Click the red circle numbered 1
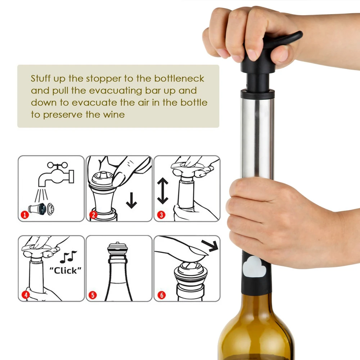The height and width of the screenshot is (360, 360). pyautogui.click(x=25, y=215)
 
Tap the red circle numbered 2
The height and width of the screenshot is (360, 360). pyautogui.click(x=93, y=215)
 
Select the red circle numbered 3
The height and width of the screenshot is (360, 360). pyautogui.click(x=161, y=215)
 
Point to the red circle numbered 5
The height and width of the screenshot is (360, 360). pyautogui.click(x=93, y=295)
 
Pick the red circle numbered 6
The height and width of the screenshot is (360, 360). pyautogui.click(x=162, y=295)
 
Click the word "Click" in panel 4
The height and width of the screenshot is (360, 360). pyautogui.click(x=66, y=271)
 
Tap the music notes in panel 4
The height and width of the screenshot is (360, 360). pyautogui.click(x=68, y=257)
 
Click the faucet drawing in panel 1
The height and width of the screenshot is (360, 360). pyautogui.click(x=56, y=174)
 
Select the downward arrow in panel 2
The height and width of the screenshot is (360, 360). pyautogui.click(x=131, y=201)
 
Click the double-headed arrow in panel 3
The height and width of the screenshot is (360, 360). pyautogui.click(x=163, y=191)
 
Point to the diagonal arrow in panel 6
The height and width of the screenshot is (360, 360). pyautogui.click(x=210, y=246)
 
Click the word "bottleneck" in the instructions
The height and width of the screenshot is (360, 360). pyautogui.click(x=179, y=78)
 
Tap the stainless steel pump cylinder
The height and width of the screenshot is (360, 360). pyautogui.click(x=257, y=138)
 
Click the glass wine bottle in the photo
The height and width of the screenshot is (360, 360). pyautogui.click(x=256, y=328)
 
